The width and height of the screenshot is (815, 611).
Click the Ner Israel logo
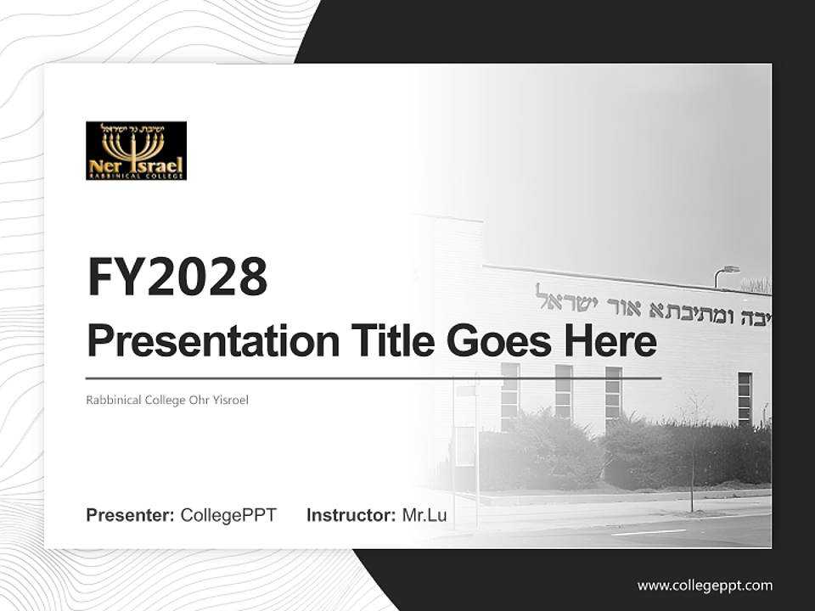(x=136, y=150)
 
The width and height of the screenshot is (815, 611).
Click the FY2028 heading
(x=177, y=277)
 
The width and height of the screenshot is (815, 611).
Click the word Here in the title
(x=610, y=341)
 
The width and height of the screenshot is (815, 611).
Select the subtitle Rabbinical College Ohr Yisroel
(x=167, y=400)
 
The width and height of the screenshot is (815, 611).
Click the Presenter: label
(x=131, y=515)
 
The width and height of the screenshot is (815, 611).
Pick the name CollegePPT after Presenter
(x=228, y=515)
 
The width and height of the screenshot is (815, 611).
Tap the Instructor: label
(x=351, y=515)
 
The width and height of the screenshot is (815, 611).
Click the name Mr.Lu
(x=424, y=515)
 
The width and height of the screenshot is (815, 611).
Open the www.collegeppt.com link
(x=705, y=586)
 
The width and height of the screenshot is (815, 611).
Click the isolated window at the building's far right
(x=745, y=398)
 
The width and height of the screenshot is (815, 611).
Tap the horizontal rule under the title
(x=374, y=378)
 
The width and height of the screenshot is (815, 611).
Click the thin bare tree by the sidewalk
(x=692, y=458)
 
